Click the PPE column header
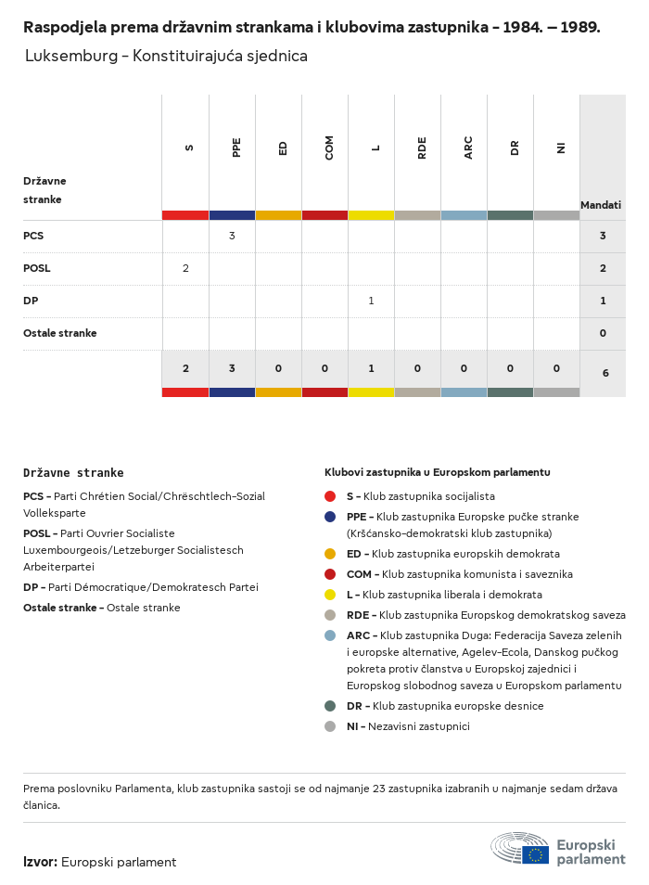pyautogui.click(x=236, y=147)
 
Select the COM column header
pyautogui.click(x=329, y=147)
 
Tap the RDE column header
pyautogui.click(x=422, y=147)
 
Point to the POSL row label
pyautogui.click(x=37, y=268)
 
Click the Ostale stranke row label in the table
pyautogui.click(x=59, y=333)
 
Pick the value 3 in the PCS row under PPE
pyautogui.click(x=232, y=236)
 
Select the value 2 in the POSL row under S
pyautogui.click(x=185, y=268)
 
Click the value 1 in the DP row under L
pyautogui.click(x=371, y=301)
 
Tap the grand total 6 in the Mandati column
pyautogui.click(x=605, y=373)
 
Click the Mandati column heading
pyautogui.click(x=601, y=205)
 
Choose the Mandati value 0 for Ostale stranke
pyautogui.click(x=603, y=333)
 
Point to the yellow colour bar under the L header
pyautogui.click(x=371, y=215)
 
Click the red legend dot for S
pyautogui.click(x=330, y=496)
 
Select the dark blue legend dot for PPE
pyautogui.click(x=330, y=517)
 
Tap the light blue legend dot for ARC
pyautogui.click(x=330, y=635)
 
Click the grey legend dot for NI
pyautogui.click(x=330, y=726)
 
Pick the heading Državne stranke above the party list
pyautogui.click(x=73, y=473)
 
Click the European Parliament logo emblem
pyautogui.click(x=520, y=848)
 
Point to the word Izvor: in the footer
pyautogui.click(x=40, y=862)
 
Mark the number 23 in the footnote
pyautogui.click(x=379, y=789)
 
